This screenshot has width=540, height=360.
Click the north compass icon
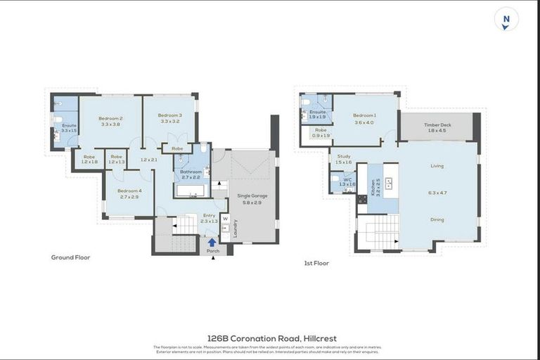coord(505,20)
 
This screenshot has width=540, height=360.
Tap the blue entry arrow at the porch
coord(213,243)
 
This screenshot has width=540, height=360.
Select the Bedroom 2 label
coord(111,118)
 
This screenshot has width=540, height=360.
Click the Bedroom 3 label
coord(170,115)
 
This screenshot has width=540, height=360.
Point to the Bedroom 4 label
coord(129,191)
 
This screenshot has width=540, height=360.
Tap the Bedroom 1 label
coord(364,115)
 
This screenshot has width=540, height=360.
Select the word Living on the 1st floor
coord(437,166)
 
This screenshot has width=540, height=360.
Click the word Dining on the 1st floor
coord(437,219)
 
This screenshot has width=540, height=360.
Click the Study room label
coord(343,156)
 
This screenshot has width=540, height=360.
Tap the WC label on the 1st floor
coord(347,179)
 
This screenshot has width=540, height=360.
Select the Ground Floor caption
coord(70,257)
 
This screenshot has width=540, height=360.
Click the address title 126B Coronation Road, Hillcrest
coord(270,337)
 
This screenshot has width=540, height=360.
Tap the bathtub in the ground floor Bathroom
coord(189,191)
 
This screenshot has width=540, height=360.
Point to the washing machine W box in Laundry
coord(226,218)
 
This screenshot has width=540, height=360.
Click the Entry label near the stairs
coord(209,215)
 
